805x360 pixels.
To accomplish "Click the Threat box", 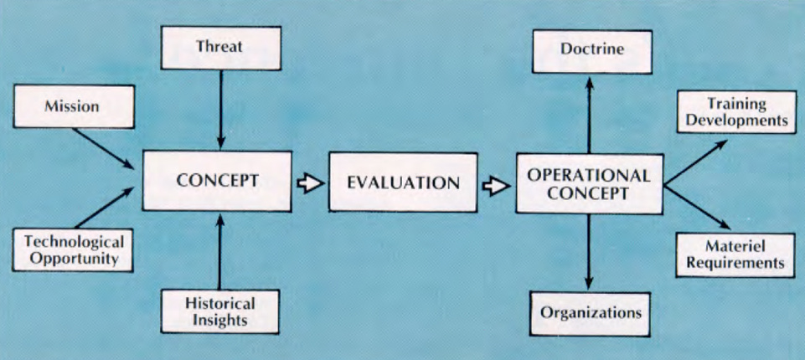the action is point(220,47).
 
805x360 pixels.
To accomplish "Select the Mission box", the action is point(73,106).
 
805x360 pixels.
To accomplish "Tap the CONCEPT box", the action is point(216,181).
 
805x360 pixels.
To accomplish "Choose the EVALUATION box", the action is point(403,182).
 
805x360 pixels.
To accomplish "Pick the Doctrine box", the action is point(593,50).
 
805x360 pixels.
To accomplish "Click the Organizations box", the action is point(591,312).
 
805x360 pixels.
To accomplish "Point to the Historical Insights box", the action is point(219,310).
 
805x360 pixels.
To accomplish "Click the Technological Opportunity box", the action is point(74,249).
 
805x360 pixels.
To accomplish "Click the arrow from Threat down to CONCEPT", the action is point(220,109).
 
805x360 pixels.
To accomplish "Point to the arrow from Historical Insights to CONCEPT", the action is point(220,251).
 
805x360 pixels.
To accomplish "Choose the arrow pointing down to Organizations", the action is point(590,251).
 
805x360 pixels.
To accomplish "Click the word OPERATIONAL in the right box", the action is point(589,175).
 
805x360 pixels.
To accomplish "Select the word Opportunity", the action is point(74,259).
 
